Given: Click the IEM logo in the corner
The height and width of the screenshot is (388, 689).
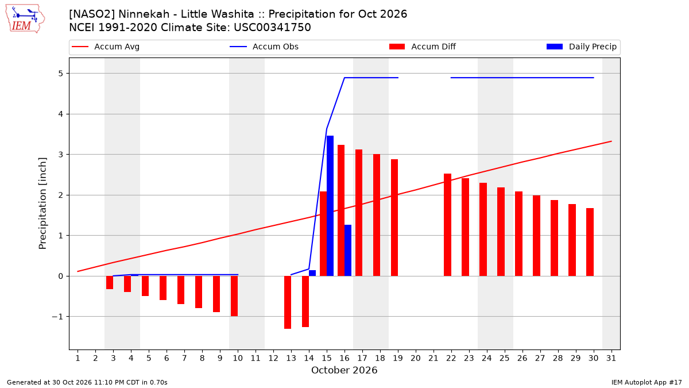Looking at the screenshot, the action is tap(25, 19).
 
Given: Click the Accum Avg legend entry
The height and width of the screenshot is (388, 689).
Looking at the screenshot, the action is tap(106, 47).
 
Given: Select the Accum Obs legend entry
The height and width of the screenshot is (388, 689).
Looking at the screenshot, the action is tap(264, 47).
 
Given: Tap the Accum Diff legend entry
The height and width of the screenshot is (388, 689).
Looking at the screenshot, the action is tap(423, 47).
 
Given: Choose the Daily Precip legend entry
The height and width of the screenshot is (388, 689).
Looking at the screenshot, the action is tap(581, 47).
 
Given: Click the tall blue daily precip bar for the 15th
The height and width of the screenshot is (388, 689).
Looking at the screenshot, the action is tap(330, 206).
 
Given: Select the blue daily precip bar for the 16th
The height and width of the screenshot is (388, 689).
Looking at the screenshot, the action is tap(348, 251).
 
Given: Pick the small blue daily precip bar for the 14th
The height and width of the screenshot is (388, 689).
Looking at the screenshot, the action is tap(312, 273).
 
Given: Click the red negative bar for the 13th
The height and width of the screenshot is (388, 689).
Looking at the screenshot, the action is tap(288, 302).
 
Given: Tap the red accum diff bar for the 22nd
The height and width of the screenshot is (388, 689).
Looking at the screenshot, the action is tap(447, 225).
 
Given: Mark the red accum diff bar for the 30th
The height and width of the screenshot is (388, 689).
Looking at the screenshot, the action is tap(590, 242).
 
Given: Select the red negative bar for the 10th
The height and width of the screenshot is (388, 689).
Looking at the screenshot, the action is tap(234, 296).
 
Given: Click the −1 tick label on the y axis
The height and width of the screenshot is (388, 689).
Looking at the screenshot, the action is tap(57, 317).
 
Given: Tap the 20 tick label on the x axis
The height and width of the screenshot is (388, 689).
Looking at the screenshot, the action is tap(416, 358).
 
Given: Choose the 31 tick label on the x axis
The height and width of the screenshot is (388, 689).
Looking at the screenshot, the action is tap(611, 358).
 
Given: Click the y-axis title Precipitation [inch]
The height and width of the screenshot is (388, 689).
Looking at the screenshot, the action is tap(42, 203).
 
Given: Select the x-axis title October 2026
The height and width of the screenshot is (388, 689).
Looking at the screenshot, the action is tap(344, 370).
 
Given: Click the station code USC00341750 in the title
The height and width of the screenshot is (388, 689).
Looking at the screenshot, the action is tap(272, 28).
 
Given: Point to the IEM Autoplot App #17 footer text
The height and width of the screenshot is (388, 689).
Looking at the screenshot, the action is tap(647, 382).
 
